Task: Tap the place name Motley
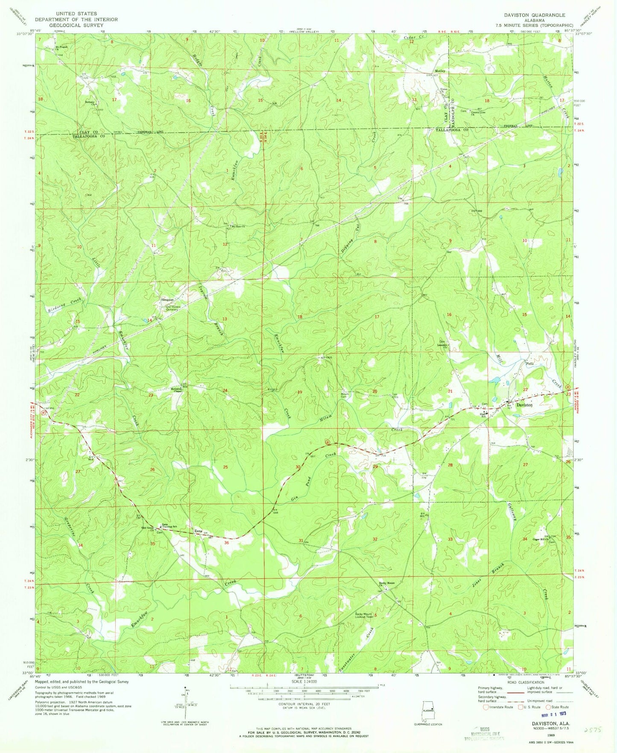tap(440, 71)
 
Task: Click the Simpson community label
tap(167, 300)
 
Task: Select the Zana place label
tap(198, 531)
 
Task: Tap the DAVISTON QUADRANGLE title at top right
tap(534, 15)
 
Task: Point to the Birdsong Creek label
tap(64, 304)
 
